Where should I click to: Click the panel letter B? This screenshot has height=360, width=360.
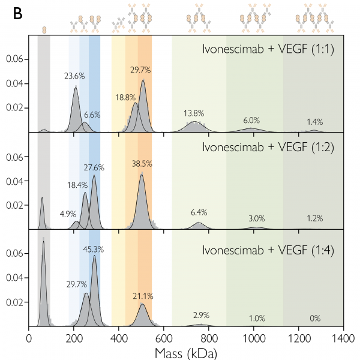coord(19,13)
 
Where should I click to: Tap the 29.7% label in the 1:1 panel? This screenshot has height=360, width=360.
coord(140,70)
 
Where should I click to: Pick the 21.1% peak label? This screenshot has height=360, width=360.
coord(143,295)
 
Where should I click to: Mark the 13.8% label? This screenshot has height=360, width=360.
coord(193,113)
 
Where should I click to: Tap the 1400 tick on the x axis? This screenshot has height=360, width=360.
coord(343,338)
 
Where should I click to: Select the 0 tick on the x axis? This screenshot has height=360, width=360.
coord(29,338)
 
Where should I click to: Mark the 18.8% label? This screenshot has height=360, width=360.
coord(124,98)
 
